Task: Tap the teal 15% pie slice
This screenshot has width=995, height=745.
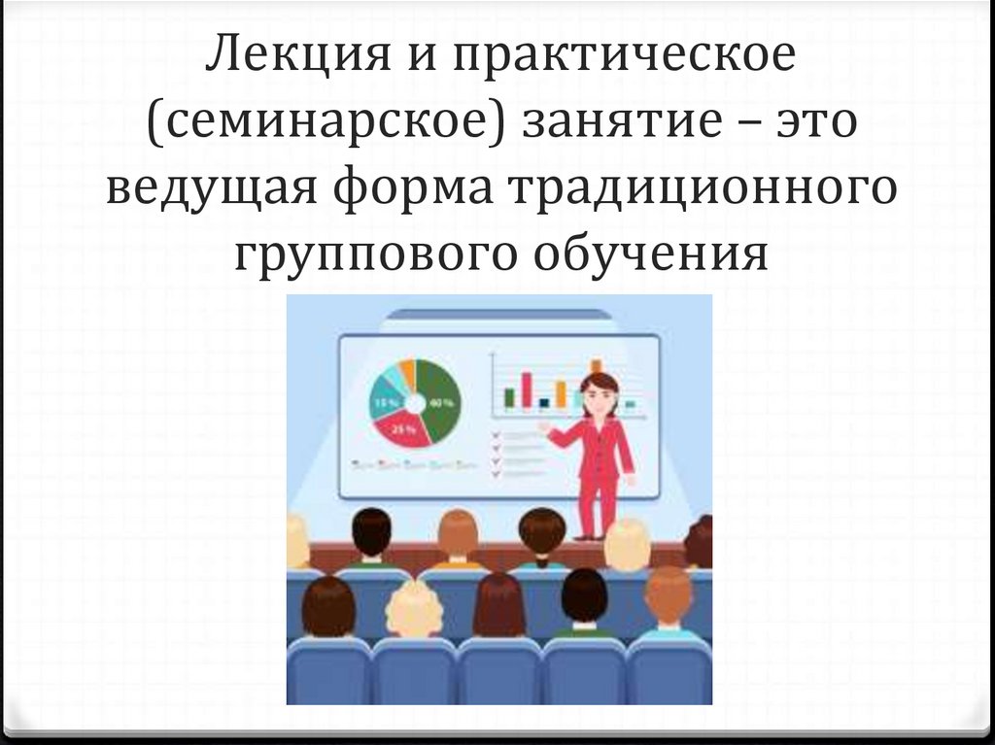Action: [x=386, y=398]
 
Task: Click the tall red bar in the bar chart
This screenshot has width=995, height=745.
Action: [x=527, y=389]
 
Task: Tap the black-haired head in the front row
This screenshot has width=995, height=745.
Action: [x=584, y=594]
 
